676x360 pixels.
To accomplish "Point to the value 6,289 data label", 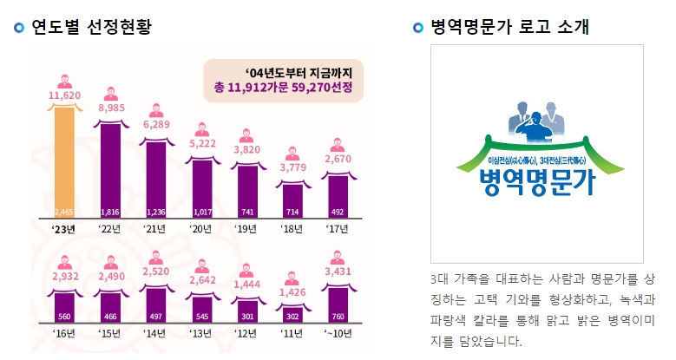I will click(156, 124).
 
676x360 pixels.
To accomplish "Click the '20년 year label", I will click(202, 229).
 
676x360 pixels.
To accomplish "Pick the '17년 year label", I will click(338, 229).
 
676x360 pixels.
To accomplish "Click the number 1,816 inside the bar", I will click(110, 212).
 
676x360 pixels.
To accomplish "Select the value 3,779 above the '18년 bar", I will click(292, 167).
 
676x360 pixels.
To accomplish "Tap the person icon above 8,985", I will click(110, 94).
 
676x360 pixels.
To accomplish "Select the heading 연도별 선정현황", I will click(91, 27).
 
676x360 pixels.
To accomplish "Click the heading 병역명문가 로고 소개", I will click(509, 27).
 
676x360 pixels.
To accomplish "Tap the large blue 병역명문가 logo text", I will click(538, 183).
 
